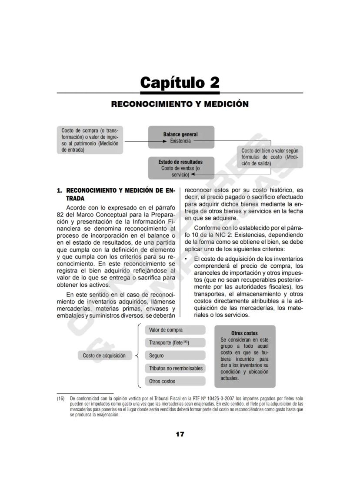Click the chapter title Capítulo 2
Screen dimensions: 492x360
coord(180,82)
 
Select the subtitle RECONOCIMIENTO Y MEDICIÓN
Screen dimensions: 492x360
coord(180,104)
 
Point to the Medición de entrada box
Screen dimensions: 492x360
coord(90,140)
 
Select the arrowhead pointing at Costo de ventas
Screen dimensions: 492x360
coord(192,174)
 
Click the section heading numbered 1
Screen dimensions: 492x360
coord(116,194)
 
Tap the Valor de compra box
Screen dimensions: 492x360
coord(175,330)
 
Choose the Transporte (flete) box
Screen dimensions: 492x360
coord(175,342)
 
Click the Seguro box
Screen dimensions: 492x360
coord(175,356)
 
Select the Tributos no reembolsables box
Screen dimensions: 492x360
coord(175,368)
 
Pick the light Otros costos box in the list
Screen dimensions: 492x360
coord(175,381)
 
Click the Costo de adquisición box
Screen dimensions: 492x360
coord(104,356)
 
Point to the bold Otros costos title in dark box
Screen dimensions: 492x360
coord(244,333)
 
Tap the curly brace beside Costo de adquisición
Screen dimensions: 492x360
coord(138,356)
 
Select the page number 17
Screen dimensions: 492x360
coord(180,434)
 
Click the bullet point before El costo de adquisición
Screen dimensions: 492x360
coord(186,259)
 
